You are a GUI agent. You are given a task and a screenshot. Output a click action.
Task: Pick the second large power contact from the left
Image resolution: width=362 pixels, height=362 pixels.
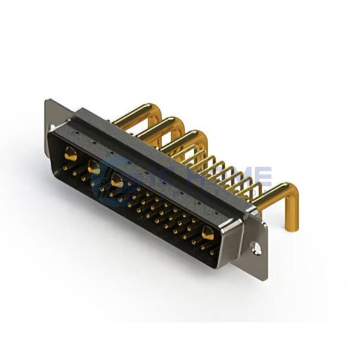(94, 168)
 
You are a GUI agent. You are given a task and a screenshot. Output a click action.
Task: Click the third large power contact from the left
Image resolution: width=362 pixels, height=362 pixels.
(117, 180)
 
